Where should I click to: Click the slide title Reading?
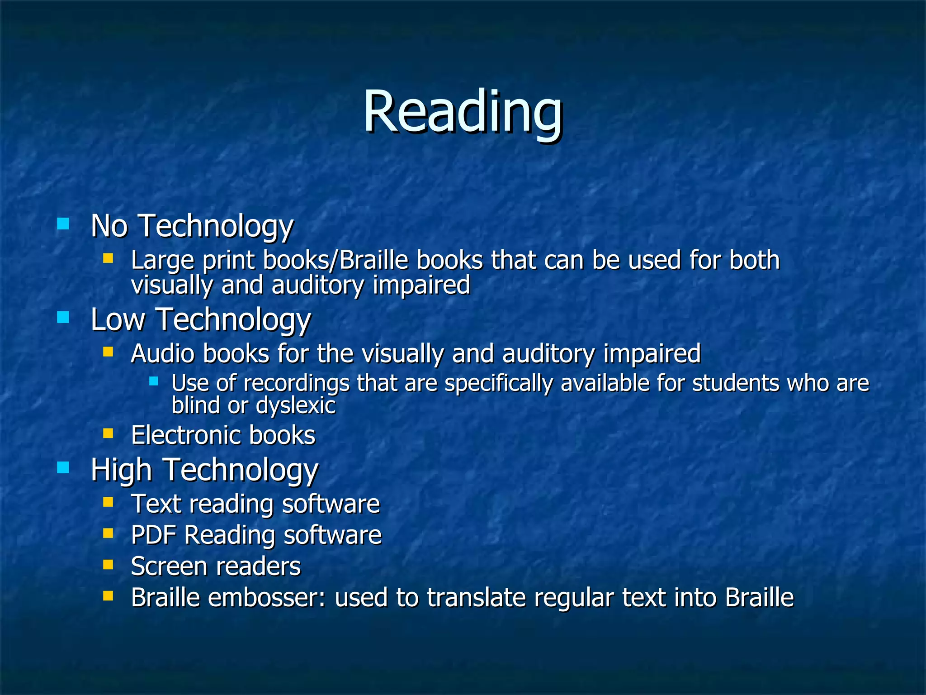coord(463,112)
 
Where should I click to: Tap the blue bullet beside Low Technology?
coord(63,317)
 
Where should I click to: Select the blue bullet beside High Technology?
coord(63,467)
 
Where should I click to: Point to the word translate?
coord(476,597)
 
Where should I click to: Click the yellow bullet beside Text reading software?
coord(108,502)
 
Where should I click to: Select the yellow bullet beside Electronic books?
coord(108,433)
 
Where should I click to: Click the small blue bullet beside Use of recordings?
coord(154,381)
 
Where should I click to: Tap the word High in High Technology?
coord(121,470)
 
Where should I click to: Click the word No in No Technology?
coord(109,226)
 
